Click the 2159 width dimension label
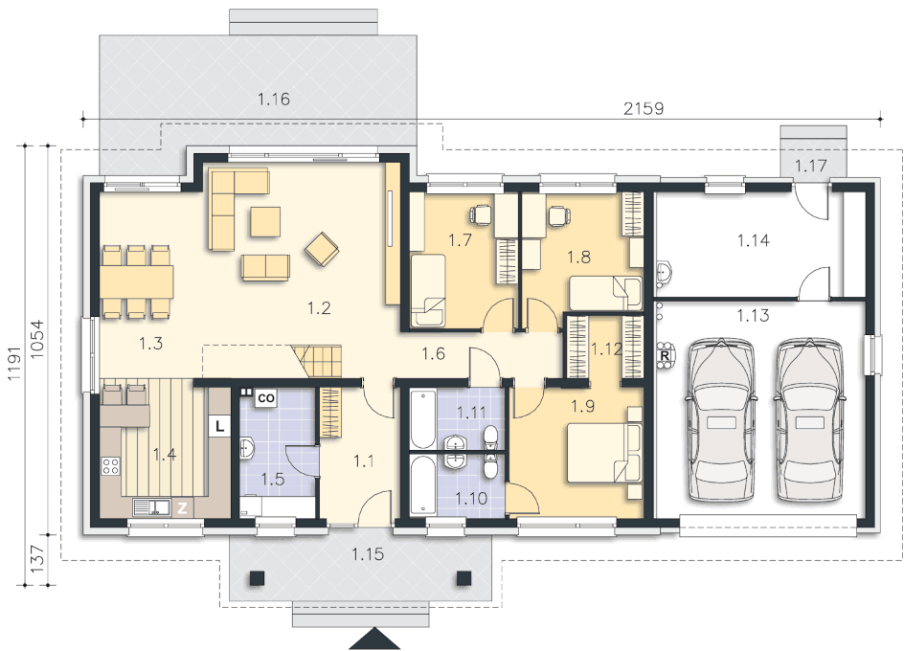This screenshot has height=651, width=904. [x=644, y=108]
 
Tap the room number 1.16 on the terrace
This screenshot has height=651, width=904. [x=273, y=100]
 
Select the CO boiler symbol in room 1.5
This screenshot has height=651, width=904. [x=266, y=398]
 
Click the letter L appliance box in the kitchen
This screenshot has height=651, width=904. [x=219, y=426]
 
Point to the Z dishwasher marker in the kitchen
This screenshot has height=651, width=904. [x=182, y=508]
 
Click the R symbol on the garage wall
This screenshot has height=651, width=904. [x=665, y=356]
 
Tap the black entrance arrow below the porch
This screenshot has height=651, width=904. [x=375, y=640]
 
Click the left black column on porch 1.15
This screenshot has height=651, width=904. [x=258, y=578]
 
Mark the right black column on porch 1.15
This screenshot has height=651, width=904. [x=464, y=578]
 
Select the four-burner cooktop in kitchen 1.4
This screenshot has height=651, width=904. [x=111, y=466]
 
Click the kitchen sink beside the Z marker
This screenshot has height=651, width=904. [x=151, y=507]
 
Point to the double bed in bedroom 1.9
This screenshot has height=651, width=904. [x=604, y=453]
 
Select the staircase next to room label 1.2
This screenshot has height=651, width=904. [x=317, y=362]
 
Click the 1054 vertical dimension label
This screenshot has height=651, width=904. [x=36, y=339]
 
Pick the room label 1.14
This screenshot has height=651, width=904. [x=754, y=240]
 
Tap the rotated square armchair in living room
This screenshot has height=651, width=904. [x=322, y=249]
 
